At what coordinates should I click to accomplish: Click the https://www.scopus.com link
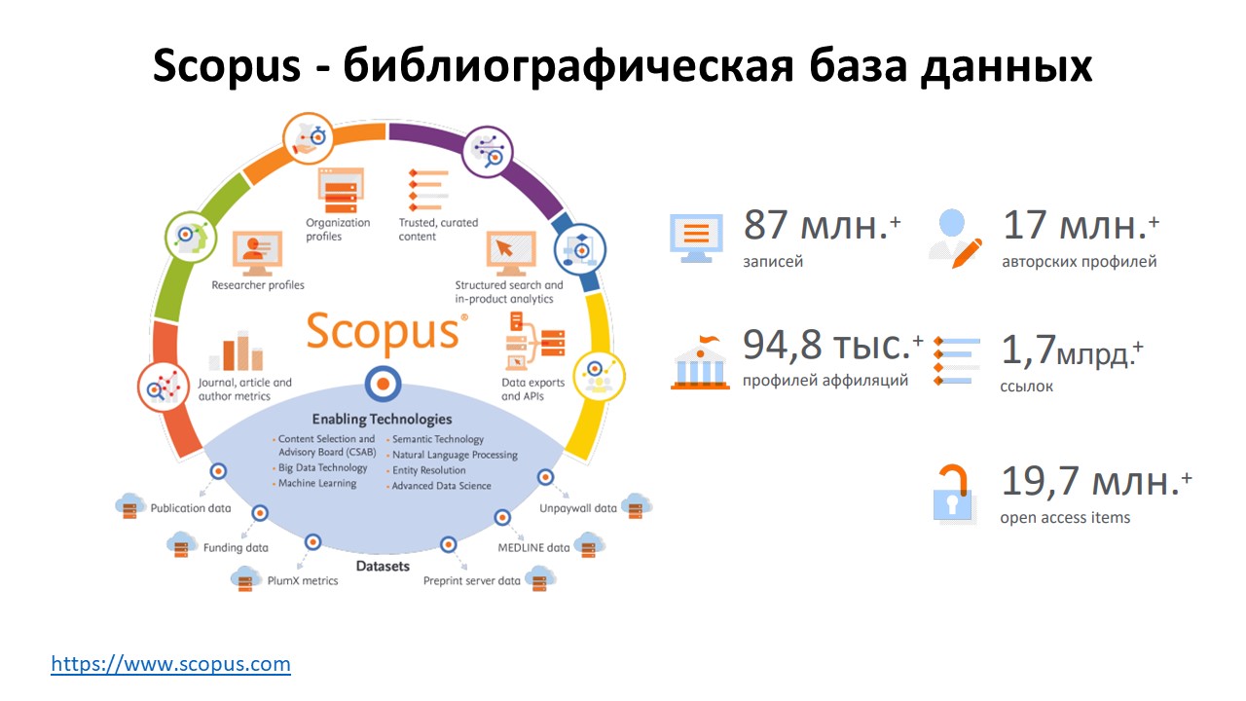170,664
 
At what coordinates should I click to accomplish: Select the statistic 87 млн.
822,225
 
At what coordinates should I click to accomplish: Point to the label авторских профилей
1080,262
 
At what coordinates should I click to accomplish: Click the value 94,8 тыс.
832,345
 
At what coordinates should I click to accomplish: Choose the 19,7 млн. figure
1096,481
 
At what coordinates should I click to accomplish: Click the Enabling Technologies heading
382,419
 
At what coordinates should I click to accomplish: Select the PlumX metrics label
303,580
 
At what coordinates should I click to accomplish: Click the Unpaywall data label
578,508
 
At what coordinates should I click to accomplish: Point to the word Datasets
383,566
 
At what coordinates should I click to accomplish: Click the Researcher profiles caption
258,285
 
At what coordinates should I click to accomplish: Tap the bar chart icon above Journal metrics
237,351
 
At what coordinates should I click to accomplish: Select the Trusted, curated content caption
438,229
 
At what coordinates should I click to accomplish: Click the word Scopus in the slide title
227,66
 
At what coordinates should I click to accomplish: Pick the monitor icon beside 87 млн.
696,239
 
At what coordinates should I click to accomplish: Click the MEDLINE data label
533,547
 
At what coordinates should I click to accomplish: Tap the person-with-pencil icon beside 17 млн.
955,240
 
